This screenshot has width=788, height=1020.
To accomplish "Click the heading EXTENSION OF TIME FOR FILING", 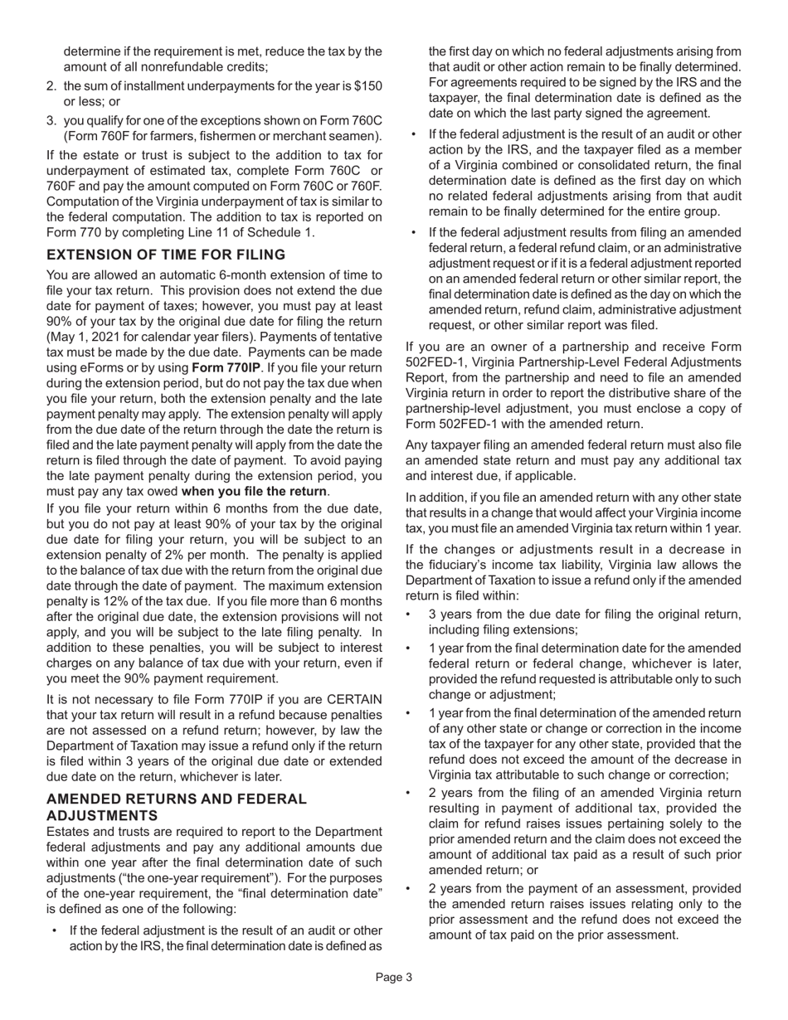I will (x=166, y=255).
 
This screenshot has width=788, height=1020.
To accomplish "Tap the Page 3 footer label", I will (x=393, y=978).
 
